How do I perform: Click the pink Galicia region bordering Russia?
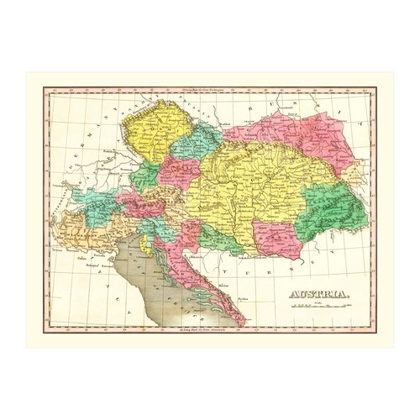click(290, 133)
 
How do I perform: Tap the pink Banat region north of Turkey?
click(276, 239)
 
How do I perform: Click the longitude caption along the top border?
click(209, 89)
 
